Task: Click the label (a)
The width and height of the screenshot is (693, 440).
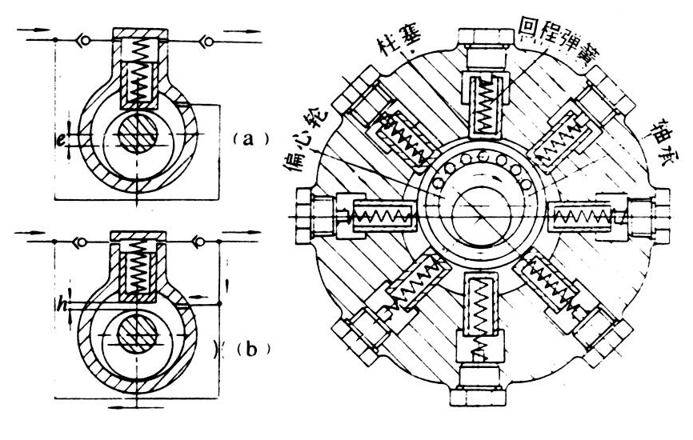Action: click(242, 138)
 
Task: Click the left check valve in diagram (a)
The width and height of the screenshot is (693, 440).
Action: click(82, 38)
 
